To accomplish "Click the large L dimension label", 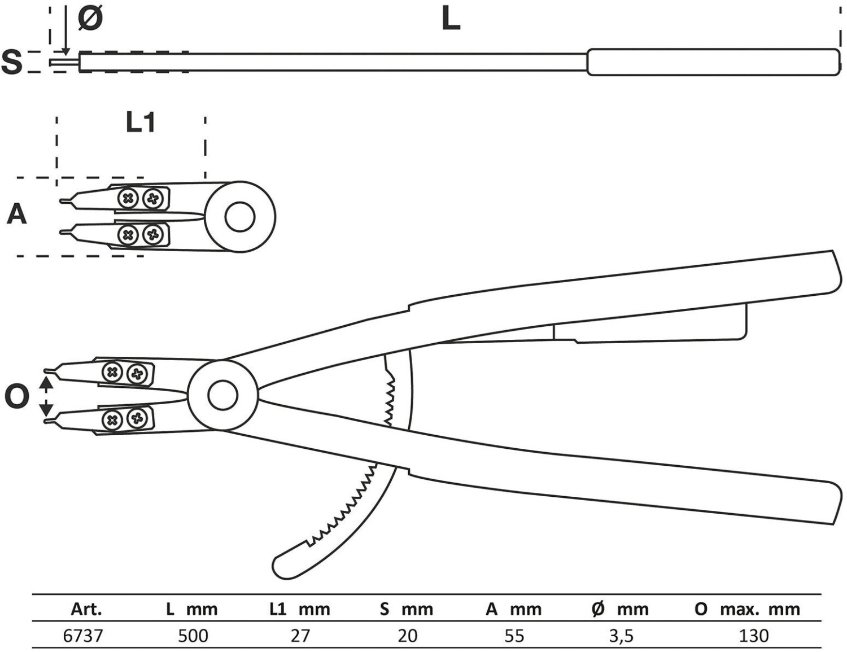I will click(x=451, y=19).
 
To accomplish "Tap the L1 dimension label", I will click(x=140, y=122).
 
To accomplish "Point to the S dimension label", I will click(x=12, y=62).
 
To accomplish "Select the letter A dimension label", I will click(x=16, y=215).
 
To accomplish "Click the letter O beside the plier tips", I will click(x=16, y=397).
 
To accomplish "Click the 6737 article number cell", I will click(x=83, y=636).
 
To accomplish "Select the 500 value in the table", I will click(x=193, y=636).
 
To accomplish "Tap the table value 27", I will click(x=300, y=636).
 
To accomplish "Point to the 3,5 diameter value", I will click(x=621, y=636).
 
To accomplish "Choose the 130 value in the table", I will click(x=754, y=636).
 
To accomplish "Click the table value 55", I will click(x=514, y=636).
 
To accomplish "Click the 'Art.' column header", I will click(x=86, y=609).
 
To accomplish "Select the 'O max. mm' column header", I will click(x=747, y=609).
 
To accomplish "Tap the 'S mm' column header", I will click(x=407, y=609).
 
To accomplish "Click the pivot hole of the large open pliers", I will click(x=222, y=395).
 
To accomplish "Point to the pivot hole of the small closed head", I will click(x=240, y=217).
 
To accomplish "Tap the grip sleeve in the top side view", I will click(x=713, y=62).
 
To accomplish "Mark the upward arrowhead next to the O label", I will click(x=46, y=382).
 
